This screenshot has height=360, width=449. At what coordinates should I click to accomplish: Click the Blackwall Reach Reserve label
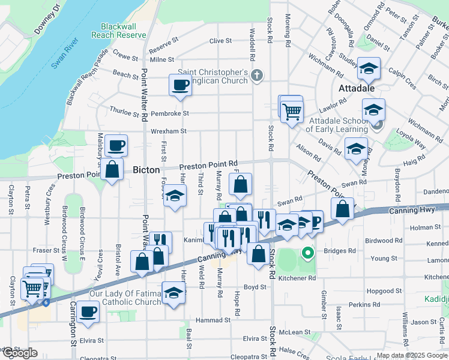tap(118, 31)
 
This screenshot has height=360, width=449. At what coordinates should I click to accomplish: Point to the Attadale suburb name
tap(357, 88)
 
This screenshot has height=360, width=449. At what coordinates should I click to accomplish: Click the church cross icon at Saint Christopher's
tap(257, 76)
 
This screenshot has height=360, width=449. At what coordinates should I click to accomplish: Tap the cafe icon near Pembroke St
tap(180, 85)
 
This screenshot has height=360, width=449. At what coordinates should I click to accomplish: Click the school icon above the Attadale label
tap(368, 69)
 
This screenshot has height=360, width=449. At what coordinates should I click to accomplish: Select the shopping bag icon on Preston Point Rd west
tap(112, 170)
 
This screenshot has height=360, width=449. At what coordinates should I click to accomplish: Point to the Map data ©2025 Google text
tap(412, 355)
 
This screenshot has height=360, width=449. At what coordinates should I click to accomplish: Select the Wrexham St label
tap(169, 131)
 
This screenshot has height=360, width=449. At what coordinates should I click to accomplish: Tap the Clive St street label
tap(220, 41)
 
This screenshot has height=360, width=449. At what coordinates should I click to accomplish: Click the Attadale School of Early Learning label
tap(337, 125)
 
